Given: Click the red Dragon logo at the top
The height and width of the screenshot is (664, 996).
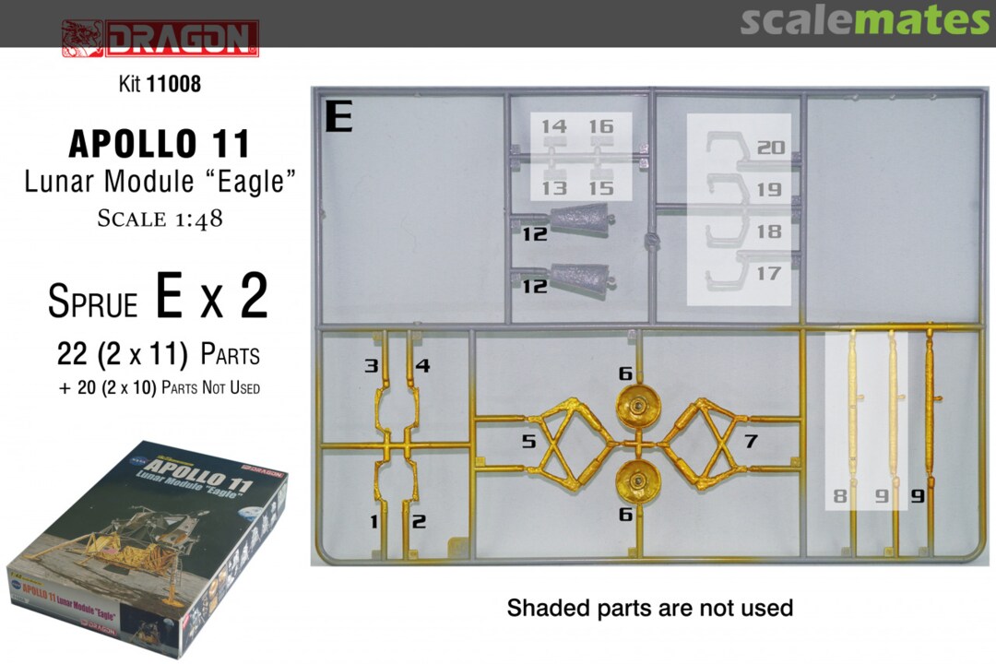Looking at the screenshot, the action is tap(160, 38).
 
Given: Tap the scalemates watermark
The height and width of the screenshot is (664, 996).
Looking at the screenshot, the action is tap(864, 20).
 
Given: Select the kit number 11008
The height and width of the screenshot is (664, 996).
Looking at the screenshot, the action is tap(173, 83).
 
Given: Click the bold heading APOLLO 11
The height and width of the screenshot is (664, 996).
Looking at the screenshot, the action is tap(160, 144).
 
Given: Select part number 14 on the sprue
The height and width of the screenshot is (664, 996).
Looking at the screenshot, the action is tap(554, 126).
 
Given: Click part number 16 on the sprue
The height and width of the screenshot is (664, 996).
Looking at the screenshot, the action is tap(601, 126).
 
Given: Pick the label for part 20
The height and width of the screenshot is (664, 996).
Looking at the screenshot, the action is tap(771, 148).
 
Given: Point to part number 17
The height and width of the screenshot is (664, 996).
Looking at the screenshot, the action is tap(768, 273).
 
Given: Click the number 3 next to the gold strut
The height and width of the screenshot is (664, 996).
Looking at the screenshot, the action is tap(372, 365).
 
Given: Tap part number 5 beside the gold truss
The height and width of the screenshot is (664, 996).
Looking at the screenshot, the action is tap(528, 440).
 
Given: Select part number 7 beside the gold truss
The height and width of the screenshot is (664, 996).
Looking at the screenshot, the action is tap(751, 440).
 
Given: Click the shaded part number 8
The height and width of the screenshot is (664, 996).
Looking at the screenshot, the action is tap(840, 495).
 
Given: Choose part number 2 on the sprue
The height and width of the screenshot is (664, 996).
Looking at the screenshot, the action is tap(419, 522).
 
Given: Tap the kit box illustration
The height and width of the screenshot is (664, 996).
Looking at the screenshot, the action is tap(148, 550).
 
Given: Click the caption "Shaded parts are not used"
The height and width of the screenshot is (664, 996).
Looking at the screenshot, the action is tap(650, 608).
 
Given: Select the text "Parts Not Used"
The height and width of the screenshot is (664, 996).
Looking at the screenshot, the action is tap(211, 387).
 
